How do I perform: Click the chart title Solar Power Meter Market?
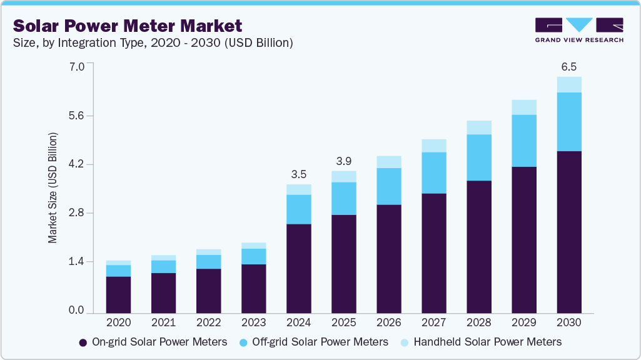pos(128,26)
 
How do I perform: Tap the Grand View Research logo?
pos(579,30)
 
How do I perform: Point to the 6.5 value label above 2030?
pos(569,66)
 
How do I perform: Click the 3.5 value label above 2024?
pos(298,173)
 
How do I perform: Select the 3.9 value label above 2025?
pos(343,159)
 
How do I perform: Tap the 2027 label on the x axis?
pos(433,323)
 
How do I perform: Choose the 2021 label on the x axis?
pos(163,323)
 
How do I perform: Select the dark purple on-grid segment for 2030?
pos(569,231)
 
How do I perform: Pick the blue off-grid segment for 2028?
pos(479,157)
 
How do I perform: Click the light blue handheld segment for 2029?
pos(524,107)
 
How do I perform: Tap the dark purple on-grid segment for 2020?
pos(118,294)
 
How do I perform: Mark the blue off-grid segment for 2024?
pos(298,209)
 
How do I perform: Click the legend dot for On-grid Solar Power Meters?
pos(83,342)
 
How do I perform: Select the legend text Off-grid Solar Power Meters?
pos(320,342)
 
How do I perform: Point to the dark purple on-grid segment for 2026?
pos(388,258)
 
